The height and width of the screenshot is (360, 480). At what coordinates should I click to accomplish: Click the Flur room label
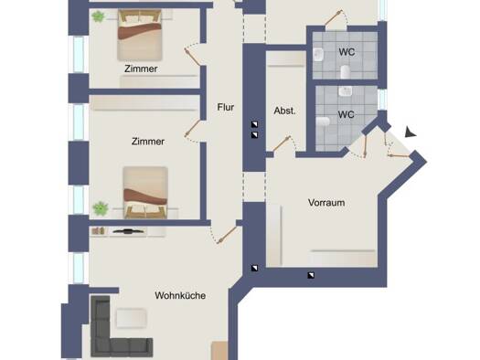226,107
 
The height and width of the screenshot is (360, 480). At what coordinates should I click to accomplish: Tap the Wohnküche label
180,295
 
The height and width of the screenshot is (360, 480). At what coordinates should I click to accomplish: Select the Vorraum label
326,203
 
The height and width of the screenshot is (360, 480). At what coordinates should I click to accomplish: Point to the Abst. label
284,111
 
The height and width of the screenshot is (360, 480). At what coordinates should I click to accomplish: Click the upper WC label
347,52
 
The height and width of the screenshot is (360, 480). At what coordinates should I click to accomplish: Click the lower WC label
347,115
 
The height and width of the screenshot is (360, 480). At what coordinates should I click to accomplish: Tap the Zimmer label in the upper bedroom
141,69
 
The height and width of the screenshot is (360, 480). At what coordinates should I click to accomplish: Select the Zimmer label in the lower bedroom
148,142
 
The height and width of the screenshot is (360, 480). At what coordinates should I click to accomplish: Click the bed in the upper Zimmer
140,35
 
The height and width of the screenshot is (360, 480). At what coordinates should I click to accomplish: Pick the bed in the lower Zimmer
145,193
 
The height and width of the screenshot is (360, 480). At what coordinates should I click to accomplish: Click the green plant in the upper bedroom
98,16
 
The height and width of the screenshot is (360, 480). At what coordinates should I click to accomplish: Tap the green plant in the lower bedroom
101,208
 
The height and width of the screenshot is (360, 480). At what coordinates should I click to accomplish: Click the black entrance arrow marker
410,132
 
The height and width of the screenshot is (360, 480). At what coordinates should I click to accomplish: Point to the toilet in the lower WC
323,122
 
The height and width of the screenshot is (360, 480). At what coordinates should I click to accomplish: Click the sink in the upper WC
319,55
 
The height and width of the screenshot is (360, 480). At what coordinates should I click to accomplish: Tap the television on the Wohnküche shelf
129,231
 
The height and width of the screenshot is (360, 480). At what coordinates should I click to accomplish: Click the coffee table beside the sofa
131,318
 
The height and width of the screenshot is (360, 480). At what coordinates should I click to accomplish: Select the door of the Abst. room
282,143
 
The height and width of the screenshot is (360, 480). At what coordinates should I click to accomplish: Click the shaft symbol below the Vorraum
311,275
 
